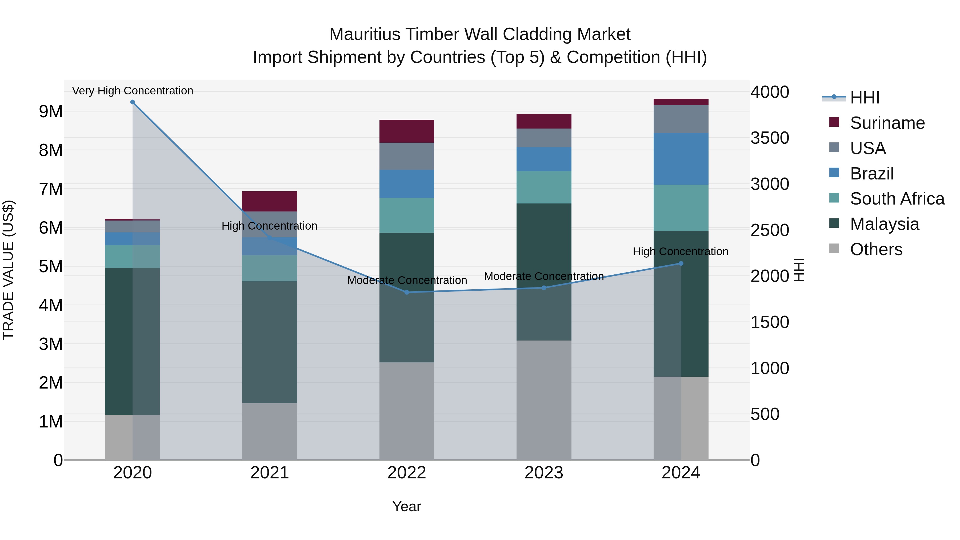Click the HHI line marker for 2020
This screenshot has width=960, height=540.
132,102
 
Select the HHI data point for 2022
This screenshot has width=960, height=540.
407,293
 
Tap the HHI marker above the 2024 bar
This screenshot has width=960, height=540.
681,263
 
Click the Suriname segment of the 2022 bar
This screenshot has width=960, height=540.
407,131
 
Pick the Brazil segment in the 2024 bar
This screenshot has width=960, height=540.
681,159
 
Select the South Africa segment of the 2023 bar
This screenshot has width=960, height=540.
544,187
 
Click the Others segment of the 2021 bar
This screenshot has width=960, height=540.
269,431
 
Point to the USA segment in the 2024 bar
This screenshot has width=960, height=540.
681,119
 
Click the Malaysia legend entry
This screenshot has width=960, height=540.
884,224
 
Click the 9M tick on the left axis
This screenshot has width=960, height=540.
51,111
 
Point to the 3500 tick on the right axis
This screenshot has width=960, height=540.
770,138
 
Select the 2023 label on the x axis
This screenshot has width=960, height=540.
544,473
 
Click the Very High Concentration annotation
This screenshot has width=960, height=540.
132,91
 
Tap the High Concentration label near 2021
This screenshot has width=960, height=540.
269,226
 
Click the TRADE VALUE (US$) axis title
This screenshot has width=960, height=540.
8,270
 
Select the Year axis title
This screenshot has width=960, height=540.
407,506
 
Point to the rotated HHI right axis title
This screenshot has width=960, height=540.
799,270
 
